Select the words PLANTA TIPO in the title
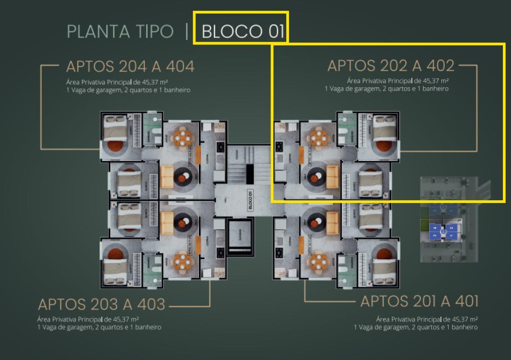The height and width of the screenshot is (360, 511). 120,31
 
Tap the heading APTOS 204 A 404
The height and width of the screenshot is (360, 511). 130,67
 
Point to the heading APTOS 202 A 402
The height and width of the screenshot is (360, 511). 391,66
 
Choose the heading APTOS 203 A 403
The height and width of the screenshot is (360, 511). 102,304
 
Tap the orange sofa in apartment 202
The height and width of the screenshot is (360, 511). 333,176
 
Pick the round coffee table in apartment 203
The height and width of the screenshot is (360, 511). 182,221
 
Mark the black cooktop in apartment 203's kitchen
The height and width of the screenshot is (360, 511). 221,252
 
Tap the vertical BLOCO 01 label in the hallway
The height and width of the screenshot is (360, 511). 250,200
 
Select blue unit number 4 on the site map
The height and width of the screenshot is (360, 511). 434,229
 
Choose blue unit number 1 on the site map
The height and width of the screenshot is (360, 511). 452,235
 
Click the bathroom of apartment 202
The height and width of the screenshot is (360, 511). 346,130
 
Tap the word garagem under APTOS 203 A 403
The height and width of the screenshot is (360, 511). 79,327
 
